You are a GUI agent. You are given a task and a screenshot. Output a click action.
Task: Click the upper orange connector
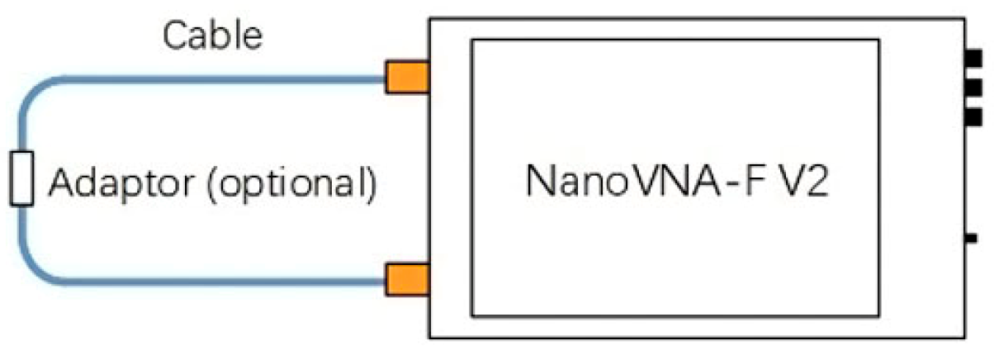pyautogui.click(x=407, y=78)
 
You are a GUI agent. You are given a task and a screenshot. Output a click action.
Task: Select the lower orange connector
pyautogui.click(x=407, y=279)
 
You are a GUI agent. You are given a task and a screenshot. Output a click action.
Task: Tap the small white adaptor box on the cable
pyautogui.click(x=21, y=178)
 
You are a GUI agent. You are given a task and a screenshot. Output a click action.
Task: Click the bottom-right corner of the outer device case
pyautogui.click(x=963, y=337)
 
